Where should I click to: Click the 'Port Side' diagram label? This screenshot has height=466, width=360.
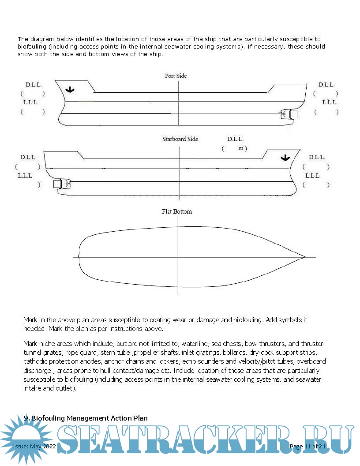point(176,76)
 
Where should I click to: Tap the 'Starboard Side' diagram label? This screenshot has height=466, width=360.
point(180,139)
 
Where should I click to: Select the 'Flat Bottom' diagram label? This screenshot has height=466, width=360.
point(177,211)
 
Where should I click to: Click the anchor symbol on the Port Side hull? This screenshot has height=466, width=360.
point(69,90)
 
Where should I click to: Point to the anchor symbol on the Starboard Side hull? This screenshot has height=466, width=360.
point(285,158)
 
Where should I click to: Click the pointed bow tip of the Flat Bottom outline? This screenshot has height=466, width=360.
point(305,256)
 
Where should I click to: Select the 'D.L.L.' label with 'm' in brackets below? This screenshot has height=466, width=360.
point(236,139)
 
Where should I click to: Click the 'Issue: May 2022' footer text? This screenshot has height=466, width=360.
point(34,446)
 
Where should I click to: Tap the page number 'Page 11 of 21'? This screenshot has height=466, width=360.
point(307,446)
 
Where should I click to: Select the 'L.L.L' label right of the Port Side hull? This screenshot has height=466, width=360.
point(329,102)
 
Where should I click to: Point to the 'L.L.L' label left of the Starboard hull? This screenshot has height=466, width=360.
point(25,176)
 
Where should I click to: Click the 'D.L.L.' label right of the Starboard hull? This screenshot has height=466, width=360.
point(317,157)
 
